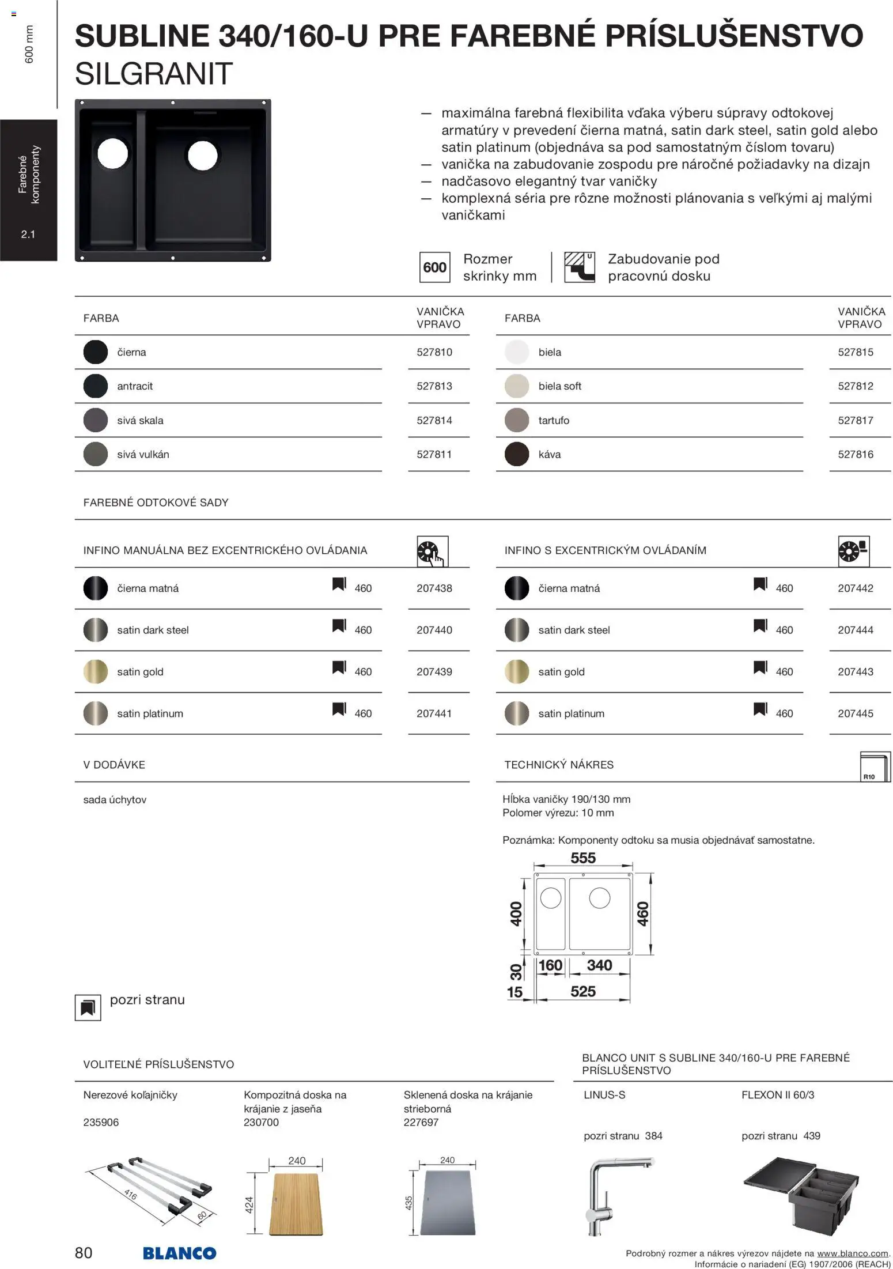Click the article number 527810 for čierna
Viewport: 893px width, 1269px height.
434,352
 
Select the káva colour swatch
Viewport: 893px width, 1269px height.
516,454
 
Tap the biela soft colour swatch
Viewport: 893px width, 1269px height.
516,386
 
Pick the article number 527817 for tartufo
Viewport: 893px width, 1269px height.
855,421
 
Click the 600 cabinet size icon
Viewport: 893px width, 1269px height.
434,267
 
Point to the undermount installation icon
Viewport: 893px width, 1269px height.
579,267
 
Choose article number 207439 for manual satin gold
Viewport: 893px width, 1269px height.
434,672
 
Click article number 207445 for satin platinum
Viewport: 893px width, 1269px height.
855,713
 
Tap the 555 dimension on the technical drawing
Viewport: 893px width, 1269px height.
583,858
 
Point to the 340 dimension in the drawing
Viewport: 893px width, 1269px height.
599,965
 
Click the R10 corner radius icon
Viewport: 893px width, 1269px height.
874,767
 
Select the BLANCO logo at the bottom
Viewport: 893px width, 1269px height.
179,1253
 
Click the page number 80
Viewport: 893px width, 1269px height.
84,1253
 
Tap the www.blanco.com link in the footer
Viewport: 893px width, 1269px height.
853,1253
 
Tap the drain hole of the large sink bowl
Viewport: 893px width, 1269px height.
202,155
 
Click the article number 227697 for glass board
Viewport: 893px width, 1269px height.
421,1122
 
